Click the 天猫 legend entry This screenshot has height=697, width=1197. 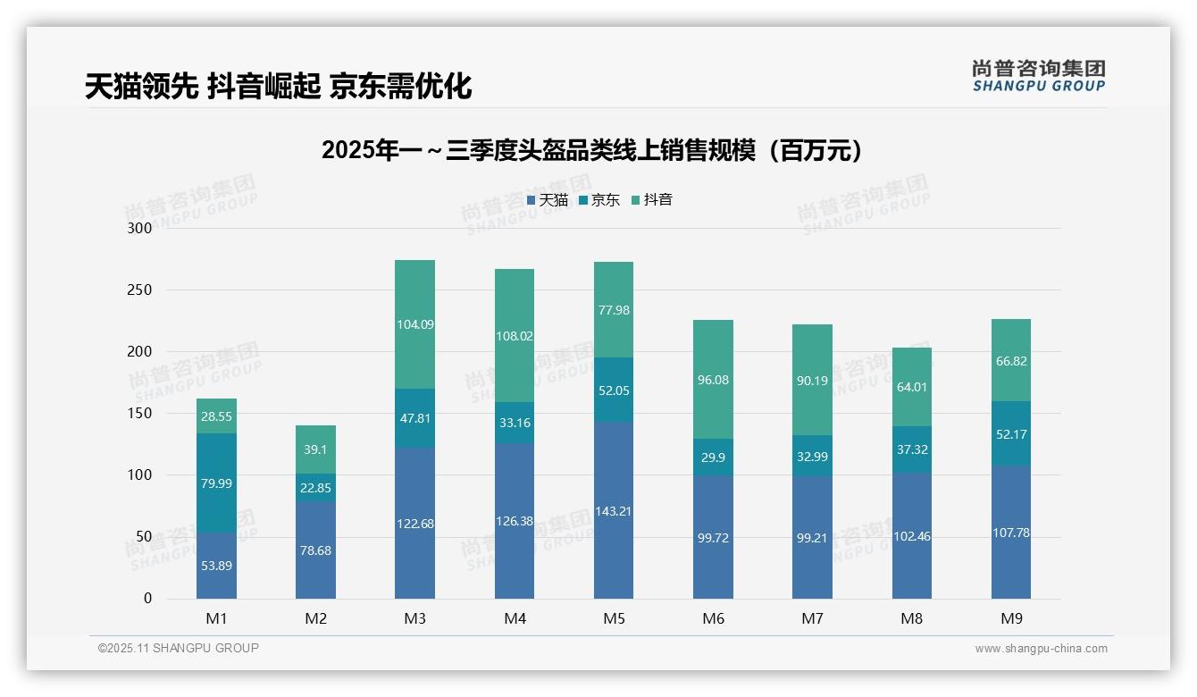[548, 200]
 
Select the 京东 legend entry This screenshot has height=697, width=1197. [599, 200]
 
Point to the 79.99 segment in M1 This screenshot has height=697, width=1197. [216, 483]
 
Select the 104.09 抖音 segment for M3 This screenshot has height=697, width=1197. [414, 324]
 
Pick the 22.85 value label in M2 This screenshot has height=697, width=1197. [315, 487]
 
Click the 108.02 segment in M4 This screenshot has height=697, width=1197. [515, 336]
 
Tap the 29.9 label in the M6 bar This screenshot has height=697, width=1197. [713, 457]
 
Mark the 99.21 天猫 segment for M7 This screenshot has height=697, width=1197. [812, 538]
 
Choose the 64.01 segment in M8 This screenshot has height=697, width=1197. [911, 387]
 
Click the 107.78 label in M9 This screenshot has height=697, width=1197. [1010, 533]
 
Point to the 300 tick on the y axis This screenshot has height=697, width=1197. [140, 228]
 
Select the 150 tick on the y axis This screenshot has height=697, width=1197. [140, 414]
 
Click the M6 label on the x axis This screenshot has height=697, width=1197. [713, 618]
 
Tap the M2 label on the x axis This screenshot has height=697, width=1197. [315, 618]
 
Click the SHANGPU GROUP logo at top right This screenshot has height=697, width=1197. [1039, 76]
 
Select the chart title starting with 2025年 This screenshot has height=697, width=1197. [594, 150]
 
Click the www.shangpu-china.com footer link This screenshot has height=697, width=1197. [1041, 649]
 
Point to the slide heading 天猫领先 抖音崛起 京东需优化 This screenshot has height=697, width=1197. [278, 87]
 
